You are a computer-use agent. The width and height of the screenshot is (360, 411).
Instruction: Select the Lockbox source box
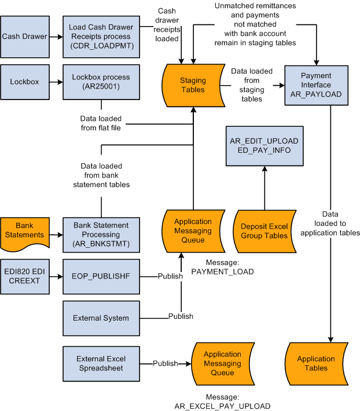[x=25, y=82]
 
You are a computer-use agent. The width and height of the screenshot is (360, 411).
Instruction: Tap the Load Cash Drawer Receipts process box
[x=101, y=36]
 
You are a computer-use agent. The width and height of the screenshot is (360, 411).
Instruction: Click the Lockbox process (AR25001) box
[x=101, y=82]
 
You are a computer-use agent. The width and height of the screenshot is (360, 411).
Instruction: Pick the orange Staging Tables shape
[x=193, y=85]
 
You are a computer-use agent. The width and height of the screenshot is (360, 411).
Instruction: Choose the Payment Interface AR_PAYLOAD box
[x=316, y=85]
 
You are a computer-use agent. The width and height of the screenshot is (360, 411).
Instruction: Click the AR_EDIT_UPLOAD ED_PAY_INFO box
[x=264, y=146]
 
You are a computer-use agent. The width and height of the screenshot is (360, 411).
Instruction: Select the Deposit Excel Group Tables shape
[x=264, y=230]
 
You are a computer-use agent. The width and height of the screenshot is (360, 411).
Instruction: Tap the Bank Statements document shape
[x=25, y=230]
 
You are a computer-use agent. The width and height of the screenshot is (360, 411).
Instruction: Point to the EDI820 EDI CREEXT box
[x=25, y=276]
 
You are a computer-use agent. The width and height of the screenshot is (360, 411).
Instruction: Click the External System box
[x=101, y=318]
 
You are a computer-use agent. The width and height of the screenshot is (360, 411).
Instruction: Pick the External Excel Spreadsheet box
[x=101, y=363]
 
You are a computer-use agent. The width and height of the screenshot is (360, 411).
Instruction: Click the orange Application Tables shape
[x=316, y=363]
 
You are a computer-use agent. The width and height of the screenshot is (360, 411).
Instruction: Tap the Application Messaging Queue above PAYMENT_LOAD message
[x=193, y=230]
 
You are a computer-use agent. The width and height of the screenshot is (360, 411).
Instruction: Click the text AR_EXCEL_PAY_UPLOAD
[x=222, y=406]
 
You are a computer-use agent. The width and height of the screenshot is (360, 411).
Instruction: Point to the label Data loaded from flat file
[x=101, y=123]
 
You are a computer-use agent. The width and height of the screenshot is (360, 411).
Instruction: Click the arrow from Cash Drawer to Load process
[x=56, y=36]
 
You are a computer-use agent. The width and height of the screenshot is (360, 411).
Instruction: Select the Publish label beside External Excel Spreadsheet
[x=165, y=364]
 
